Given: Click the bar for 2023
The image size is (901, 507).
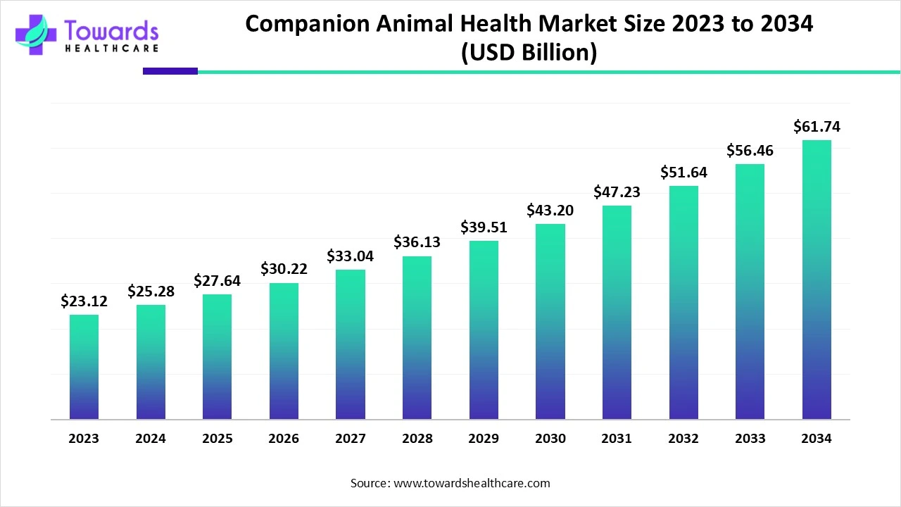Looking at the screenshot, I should [x=84, y=367].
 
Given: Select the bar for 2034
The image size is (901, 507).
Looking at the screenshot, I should [x=817, y=280].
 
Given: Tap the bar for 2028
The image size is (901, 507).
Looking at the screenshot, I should [x=417, y=338].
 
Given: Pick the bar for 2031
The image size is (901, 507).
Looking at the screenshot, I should [x=617, y=313].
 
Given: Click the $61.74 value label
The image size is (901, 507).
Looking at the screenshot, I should [x=817, y=127].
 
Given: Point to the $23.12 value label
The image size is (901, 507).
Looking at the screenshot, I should [x=84, y=301].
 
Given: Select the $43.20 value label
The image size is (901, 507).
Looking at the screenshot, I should [x=550, y=210].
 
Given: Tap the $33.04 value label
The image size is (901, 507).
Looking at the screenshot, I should [x=350, y=256].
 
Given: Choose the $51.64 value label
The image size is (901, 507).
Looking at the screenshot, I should [x=683, y=173].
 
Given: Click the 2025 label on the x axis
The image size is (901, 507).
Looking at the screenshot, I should [x=217, y=439].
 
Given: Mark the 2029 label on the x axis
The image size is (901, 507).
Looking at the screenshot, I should [x=484, y=439].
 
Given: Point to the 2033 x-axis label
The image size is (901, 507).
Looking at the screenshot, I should [x=750, y=439].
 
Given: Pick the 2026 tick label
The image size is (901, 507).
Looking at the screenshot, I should [x=284, y=439].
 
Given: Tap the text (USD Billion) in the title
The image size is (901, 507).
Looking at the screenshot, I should [x=529, y=53].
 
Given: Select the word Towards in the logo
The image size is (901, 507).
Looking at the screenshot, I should [x=111, y=30].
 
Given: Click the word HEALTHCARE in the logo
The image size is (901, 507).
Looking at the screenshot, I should [x=111, y=49].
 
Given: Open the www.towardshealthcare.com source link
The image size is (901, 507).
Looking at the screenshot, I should [x=470, y=483].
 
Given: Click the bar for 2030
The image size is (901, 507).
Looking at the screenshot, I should [x=550, y=322].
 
